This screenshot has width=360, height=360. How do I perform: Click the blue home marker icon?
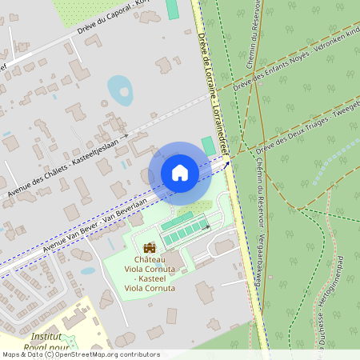click(180, 172)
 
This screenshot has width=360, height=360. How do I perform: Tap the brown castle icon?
click(150, 248)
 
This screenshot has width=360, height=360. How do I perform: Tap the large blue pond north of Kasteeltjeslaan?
click(120, 90)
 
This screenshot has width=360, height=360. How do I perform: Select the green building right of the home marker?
click(209, 146)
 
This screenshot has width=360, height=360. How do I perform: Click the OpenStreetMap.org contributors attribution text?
click(104, 354)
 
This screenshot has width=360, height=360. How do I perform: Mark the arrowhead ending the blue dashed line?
click(226, 163)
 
